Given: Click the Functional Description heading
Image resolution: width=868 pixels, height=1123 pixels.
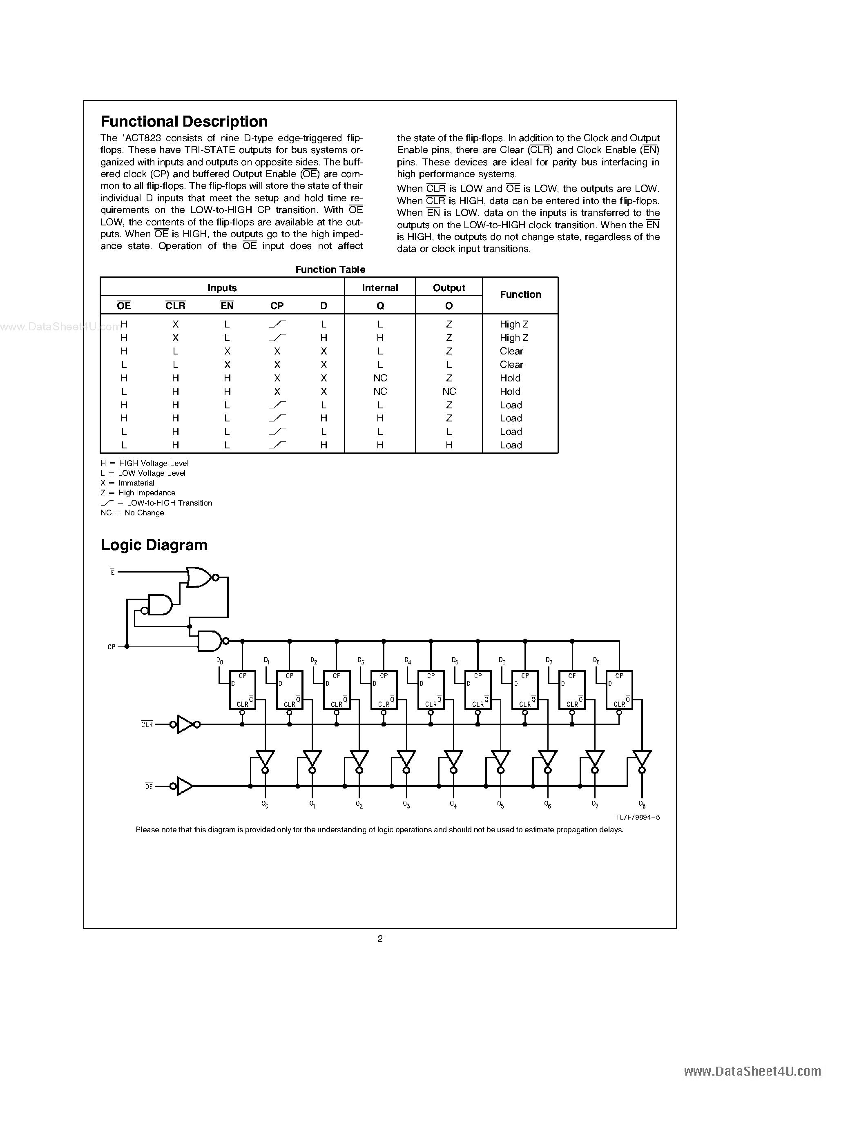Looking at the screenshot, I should [x=184, y=122].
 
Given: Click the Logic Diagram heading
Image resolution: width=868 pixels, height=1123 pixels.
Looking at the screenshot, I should [x=154, y=545].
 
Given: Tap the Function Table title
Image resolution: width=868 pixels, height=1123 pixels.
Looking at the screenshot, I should [x=330, y=270].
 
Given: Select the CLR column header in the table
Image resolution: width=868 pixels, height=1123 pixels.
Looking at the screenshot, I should [x=175, y=306].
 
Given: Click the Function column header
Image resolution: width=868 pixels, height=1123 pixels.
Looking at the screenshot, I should [x=520, y=294].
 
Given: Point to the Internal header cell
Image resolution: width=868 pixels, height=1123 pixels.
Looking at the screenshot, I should [x=380, y=288].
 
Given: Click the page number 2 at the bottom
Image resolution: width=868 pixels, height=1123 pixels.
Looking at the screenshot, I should [x=380, y=939].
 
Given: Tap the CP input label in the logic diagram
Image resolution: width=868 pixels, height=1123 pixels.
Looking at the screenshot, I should [x=112, y=647].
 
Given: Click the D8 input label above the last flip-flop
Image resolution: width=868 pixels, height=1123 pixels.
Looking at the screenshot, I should [x=596, y=661].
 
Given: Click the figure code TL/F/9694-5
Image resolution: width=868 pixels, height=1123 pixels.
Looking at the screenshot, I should [x=637, y=817].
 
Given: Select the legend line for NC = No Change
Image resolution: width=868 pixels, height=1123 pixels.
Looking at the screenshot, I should [x=132, y=512].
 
